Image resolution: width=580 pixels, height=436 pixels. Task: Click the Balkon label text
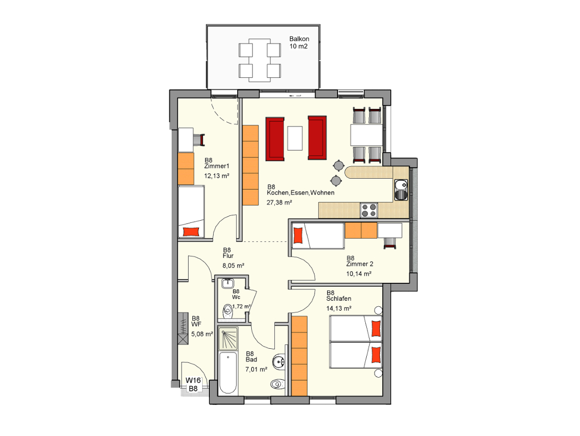(x=299, y=39)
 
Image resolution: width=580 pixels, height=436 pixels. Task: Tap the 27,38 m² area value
(x=279, y=202)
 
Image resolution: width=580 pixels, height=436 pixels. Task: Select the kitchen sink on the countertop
(x=401, y=190)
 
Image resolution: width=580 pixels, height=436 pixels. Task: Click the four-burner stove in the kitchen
(x=369, y=210)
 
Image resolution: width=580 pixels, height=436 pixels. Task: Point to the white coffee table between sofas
(x=295, y=138)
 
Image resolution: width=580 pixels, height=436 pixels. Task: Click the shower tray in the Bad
(x=228, y=339)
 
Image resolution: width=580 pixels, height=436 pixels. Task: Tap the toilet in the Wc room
(x=227, y=311)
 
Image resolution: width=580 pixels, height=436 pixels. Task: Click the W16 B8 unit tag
(x=193, y=384)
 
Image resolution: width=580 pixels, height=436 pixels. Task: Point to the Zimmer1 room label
(x=217, y=166)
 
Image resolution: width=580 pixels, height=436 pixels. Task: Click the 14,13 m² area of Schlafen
(x=339, y=308)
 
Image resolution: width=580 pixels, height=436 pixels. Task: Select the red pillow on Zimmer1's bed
(x=191, y=232)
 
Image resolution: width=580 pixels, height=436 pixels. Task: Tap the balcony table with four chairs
(x=259, y=60)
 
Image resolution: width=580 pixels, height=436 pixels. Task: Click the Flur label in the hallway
(x=228, y=256)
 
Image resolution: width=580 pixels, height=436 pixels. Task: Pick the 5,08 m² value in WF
(x=202, y=334)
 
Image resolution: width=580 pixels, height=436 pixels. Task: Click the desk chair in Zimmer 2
(x=390, y=243)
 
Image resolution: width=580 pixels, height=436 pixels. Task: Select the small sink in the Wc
(x=227, y=283)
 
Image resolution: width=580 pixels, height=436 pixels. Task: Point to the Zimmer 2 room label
(x=360, y=264)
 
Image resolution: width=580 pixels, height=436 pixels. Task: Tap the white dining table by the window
(x=366, y=135)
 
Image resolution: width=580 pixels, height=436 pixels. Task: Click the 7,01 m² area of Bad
(x=256, y=369)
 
